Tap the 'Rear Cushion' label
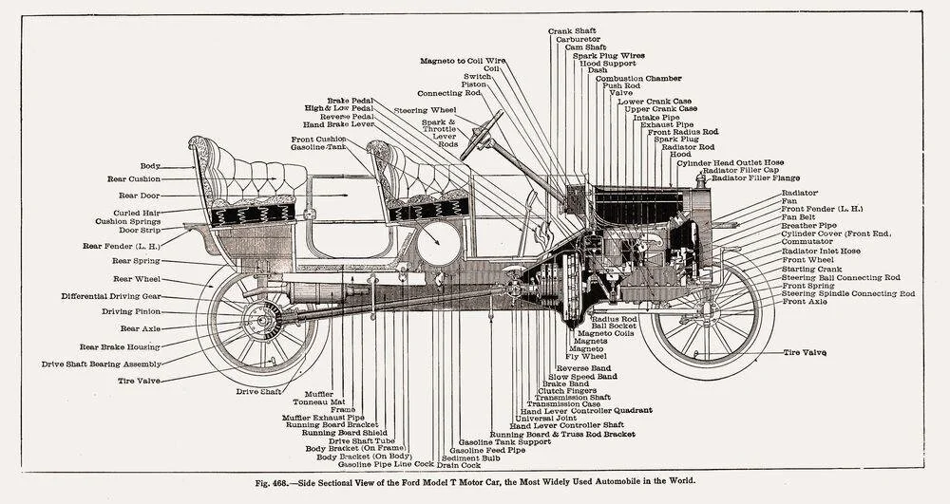133,178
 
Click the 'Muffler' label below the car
319,393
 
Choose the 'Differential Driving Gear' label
111,295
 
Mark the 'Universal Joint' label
548,419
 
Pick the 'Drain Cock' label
458,465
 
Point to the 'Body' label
150,165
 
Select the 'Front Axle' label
806,302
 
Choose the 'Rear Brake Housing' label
119,346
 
